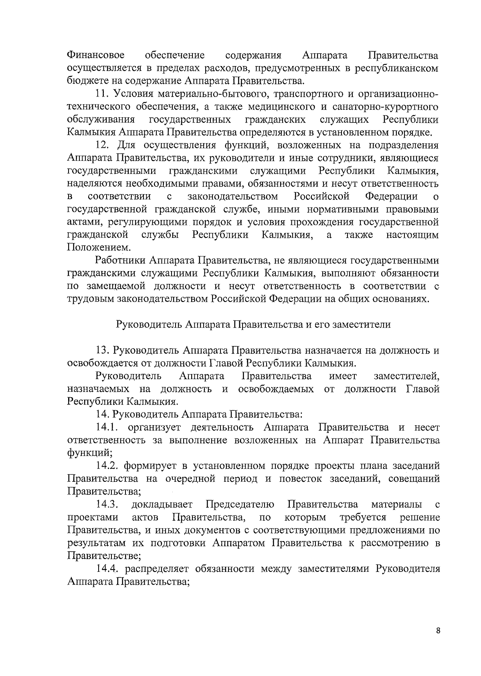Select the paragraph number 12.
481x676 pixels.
pyautogui.click(x=103, y=145)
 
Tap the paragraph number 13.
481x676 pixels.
pyautogui.click(x=103, y=351)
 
